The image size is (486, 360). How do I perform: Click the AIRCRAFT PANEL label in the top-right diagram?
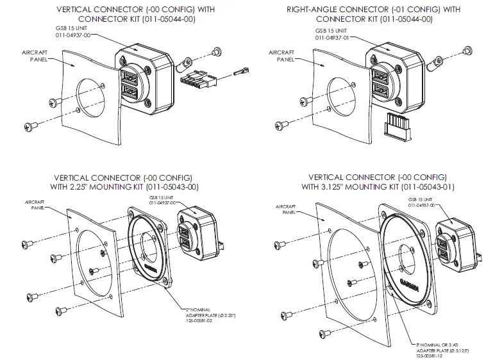(x=281, y=54)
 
